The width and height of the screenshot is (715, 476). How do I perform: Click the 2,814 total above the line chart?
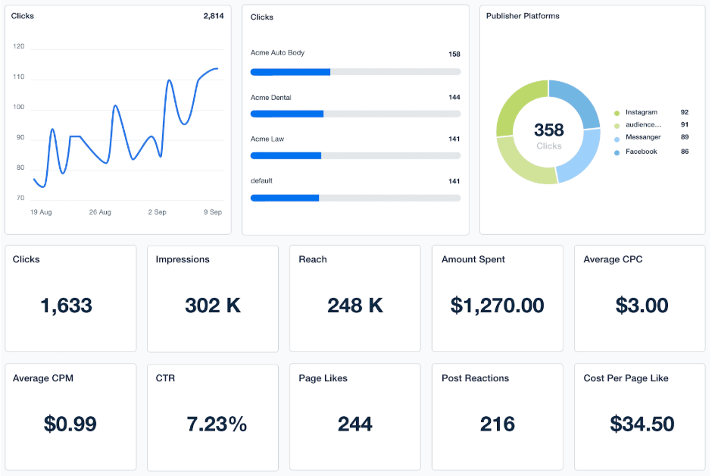tap(213, 16)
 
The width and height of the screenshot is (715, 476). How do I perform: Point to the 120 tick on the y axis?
tap(19, 46)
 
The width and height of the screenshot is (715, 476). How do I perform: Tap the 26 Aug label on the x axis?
tap(100, 212)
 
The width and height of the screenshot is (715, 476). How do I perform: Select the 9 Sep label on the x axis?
tap(213, 212)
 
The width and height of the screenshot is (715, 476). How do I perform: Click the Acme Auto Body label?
tap(277, 53)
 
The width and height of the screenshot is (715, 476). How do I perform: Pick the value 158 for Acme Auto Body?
tap(454, 54)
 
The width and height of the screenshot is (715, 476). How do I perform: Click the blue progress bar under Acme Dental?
tap(287, 114)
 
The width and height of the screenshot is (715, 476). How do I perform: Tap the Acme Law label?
tap(267, 139)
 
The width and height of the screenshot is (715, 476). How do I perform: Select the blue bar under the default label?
tap(285, 198)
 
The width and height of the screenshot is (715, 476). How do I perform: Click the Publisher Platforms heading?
tap(523, 16)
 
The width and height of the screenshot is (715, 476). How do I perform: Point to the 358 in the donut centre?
tap(548, 130)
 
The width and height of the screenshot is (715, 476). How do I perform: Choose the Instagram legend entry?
tap(641, 112)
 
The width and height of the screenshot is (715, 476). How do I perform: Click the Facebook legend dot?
tap(617, 152)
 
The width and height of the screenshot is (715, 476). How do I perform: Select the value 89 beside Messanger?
tap(685, 137)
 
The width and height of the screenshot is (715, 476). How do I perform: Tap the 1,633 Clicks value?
tap(66, 305)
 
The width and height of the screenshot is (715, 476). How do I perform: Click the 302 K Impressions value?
tap(213, 305)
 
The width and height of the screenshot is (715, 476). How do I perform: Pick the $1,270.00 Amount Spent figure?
tap(497, 305)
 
